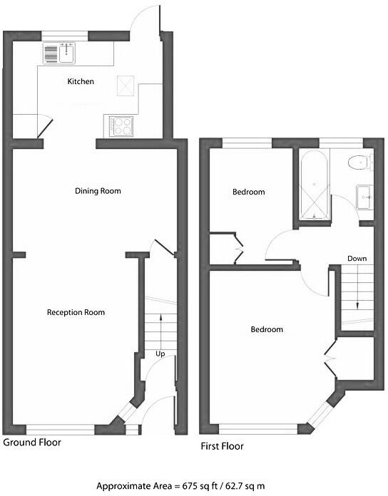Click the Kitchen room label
click(x=81, y=82)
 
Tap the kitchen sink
click(x=59, y=53)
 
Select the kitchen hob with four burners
click(x=121, y=126)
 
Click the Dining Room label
click(x=98, y=191)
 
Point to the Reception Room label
click(x=76, y=312)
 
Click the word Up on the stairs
click(x=160, y=353)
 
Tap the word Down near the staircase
click(x=357, y=258)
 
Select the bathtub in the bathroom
click(x=314, y=185)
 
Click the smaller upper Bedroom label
click(x=249, y=192)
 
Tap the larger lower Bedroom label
click(x=267, y=330)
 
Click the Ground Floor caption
click(x=32, y=443)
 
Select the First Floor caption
click(x=222, y=447)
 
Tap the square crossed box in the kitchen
click(x=125, y=85)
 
